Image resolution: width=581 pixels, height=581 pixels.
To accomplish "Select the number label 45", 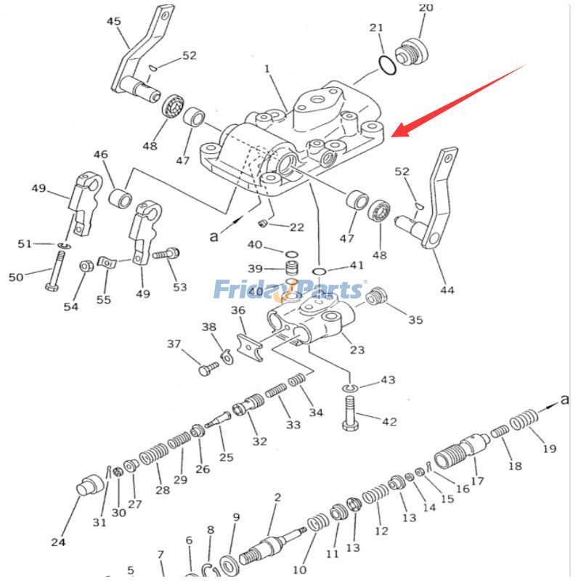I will coord(114,21).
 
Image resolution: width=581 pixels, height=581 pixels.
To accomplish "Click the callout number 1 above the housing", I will coord(267,69).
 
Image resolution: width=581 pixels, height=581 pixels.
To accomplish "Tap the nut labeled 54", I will coord(84,266).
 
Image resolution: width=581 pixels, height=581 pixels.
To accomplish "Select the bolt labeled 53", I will coord(166,254).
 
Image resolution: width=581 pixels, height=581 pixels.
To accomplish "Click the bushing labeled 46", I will coord(120,197).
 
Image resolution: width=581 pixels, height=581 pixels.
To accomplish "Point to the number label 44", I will coord(447,290).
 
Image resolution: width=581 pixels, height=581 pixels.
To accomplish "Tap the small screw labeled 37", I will coord(206,369).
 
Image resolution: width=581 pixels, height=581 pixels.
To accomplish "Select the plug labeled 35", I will coord(375,297).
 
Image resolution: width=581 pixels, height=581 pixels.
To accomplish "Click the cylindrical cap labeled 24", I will coord(91,487).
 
